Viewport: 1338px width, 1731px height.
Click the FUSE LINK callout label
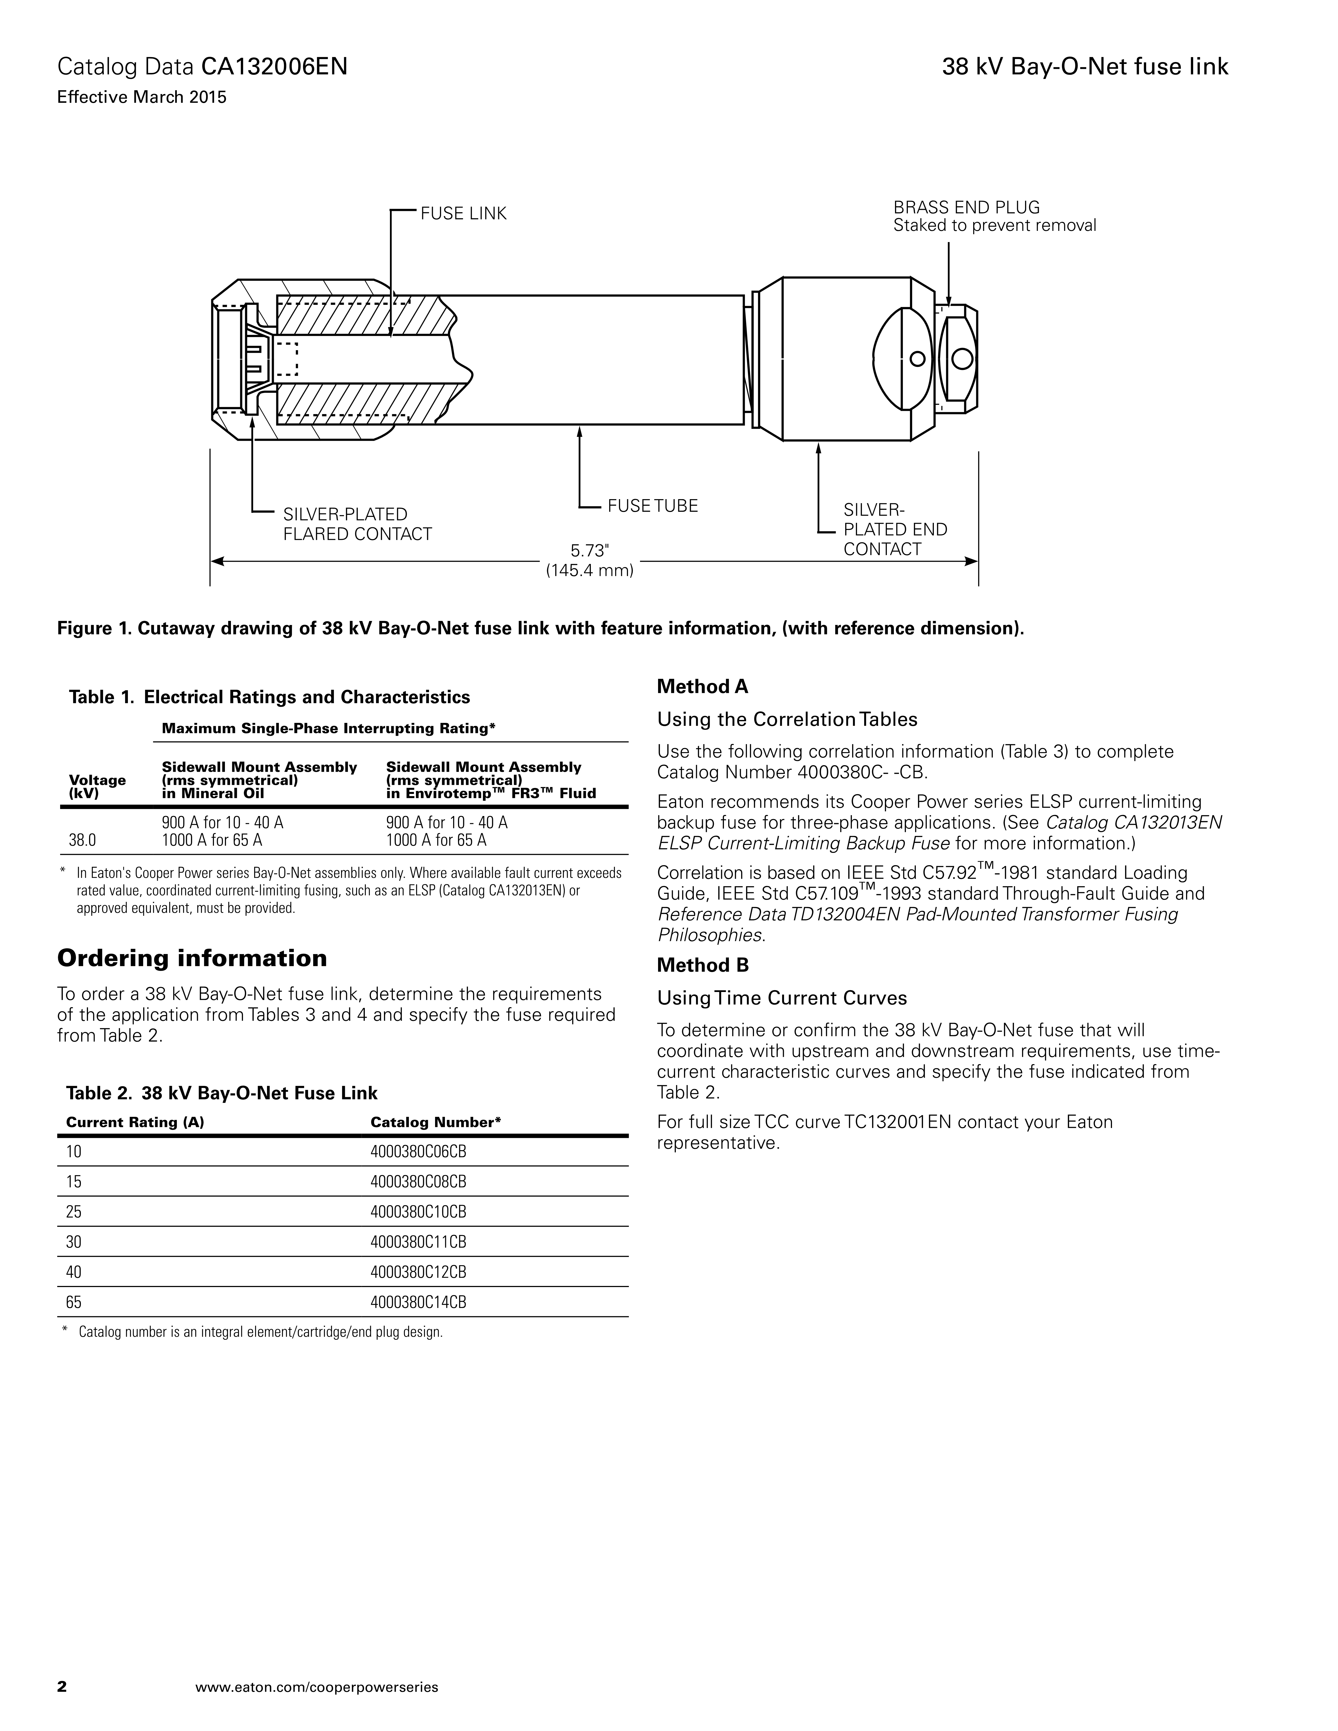463,214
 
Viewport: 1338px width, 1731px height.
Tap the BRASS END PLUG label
966,208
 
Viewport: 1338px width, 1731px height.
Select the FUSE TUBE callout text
652,506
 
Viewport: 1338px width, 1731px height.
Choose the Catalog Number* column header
436,1122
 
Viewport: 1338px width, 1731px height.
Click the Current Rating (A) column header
135,1122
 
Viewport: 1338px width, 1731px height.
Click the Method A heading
702,686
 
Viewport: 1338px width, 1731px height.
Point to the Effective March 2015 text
142,98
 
